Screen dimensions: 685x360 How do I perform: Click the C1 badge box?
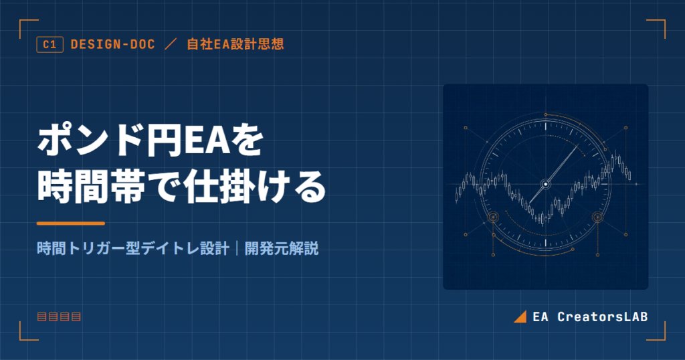pyautogui.click(x=50, y=45)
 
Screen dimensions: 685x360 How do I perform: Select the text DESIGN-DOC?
pyautogui.click(x=112, y=44)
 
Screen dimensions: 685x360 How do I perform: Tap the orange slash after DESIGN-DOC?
pyautogui.click(x=171, y=44)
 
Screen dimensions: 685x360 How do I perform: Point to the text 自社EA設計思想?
pyautogui.click(x=235, y=44)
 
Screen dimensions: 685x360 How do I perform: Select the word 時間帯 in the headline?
pyautogui.click(x=91, y=187)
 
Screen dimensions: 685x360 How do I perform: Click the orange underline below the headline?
pyautogui.click(x=71, y=223)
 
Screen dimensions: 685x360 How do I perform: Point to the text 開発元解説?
pyautogui.click(x=282, y=249)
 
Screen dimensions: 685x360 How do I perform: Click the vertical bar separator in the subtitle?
pyautogui.click(x=237, y=249)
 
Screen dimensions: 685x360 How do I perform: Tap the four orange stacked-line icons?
pyautogui.click(x=59, y=317)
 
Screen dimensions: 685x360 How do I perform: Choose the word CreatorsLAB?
pyautogui.click(x=603, y=317)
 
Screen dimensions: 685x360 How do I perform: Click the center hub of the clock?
pyautogui.click(x=546, y=185)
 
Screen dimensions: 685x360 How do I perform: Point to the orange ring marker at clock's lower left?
pyautogui.click(x=493, y=217)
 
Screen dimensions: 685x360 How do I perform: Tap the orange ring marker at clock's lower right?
pyautogui.click(x=597, y=217)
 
